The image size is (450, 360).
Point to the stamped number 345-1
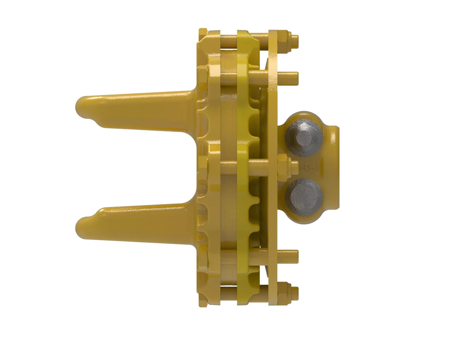308,168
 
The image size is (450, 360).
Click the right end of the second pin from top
295,76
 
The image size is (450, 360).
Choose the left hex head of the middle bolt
203,165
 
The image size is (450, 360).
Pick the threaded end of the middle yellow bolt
295,165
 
